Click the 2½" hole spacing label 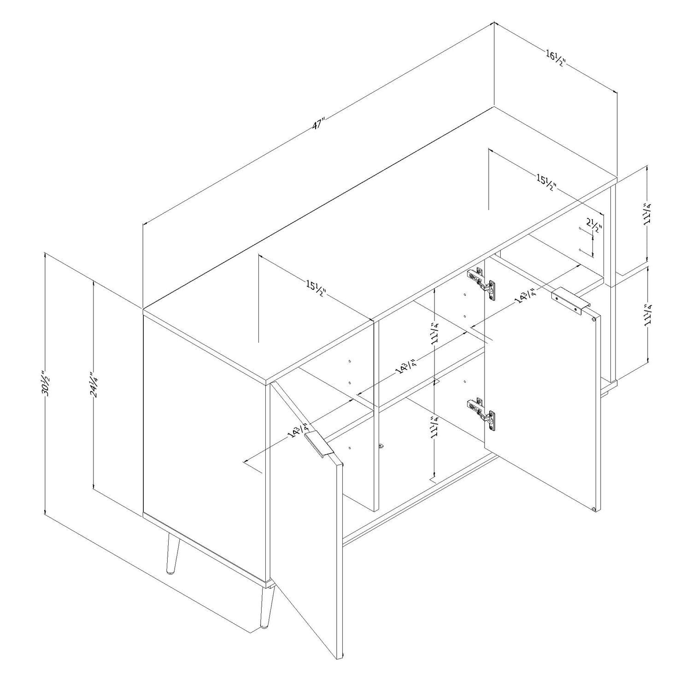(x=594, y=226)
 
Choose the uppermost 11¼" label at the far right (x=650, y=214)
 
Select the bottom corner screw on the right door (x=594, y=509)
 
